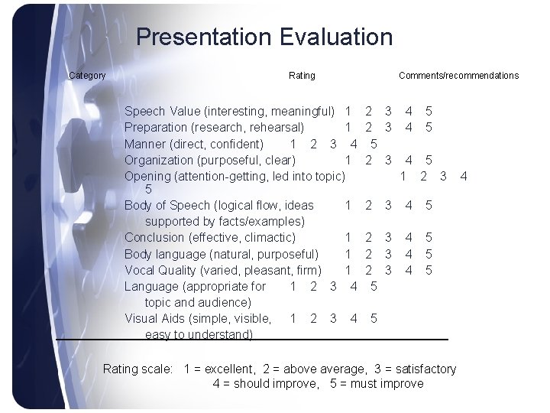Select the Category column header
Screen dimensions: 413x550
coord(87,75)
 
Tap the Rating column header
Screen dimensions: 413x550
coord(302,75)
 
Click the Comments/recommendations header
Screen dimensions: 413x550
coord(458,75)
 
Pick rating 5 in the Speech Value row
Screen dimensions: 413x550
coord(429,112)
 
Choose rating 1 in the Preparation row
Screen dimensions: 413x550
coord(348,127)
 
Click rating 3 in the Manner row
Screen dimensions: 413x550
coord(332,143)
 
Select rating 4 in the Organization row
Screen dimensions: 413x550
coord(409,160)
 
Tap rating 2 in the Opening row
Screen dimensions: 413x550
coord(422,176)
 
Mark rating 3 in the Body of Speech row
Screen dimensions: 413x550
coord(388,205)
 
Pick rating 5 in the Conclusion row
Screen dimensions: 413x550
coord(429,238)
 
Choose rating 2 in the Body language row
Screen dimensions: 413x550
coord(369,254)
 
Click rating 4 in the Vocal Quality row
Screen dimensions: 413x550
coord(409,270)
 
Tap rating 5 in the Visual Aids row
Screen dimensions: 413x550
coord(373,318)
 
